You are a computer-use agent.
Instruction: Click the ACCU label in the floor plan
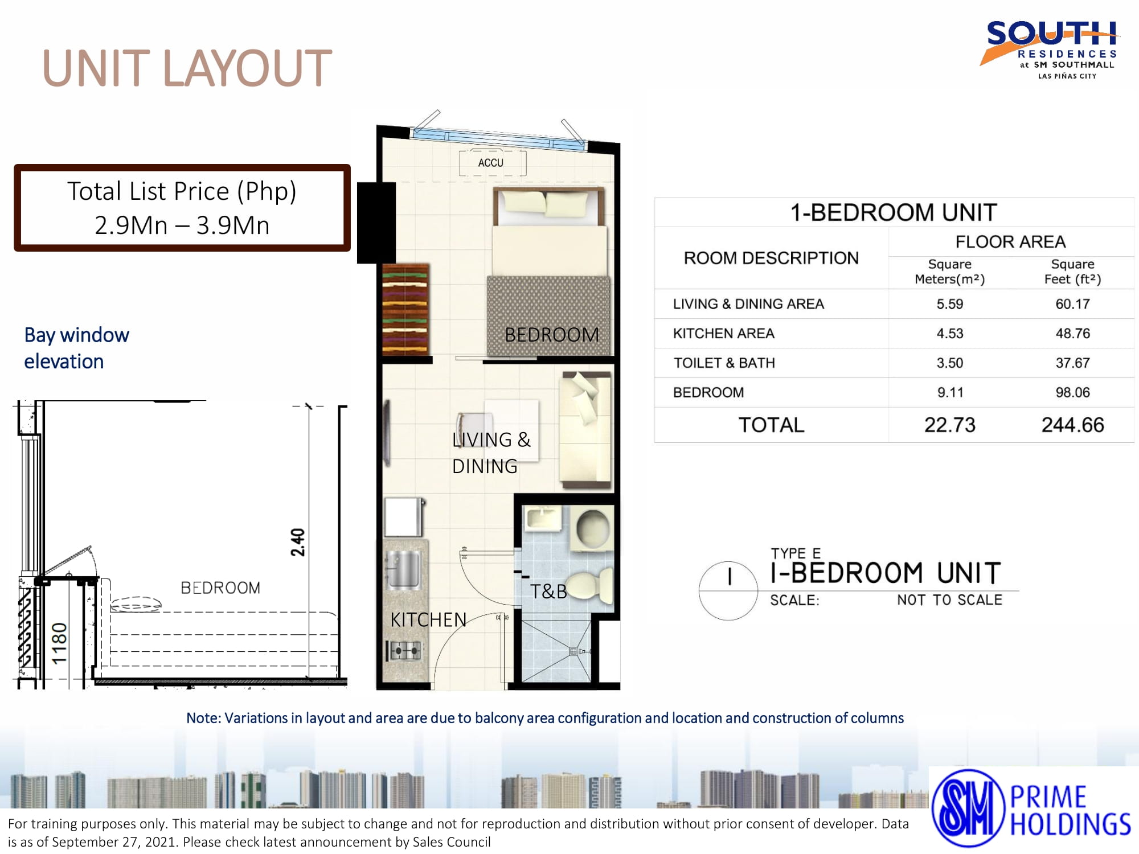tap(490, 163)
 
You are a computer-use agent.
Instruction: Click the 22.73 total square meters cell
tap(949, 425)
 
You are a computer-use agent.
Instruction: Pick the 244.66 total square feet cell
tap(1072, 425)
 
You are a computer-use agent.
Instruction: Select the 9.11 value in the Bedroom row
tap(949, 392)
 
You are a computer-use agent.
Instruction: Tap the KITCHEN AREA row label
tap(723, 333)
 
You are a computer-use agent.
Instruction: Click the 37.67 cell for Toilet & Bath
tap(1072, 363)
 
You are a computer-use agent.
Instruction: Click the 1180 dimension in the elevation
tap(60, 643)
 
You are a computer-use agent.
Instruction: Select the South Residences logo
tap(1050, 50)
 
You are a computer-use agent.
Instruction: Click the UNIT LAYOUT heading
tap(187, 68)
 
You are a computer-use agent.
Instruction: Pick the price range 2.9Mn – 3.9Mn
tap(182, 225)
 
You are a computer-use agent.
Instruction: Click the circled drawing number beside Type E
tap(728, 591)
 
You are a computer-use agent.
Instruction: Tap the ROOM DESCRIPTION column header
tap(771, 258)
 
